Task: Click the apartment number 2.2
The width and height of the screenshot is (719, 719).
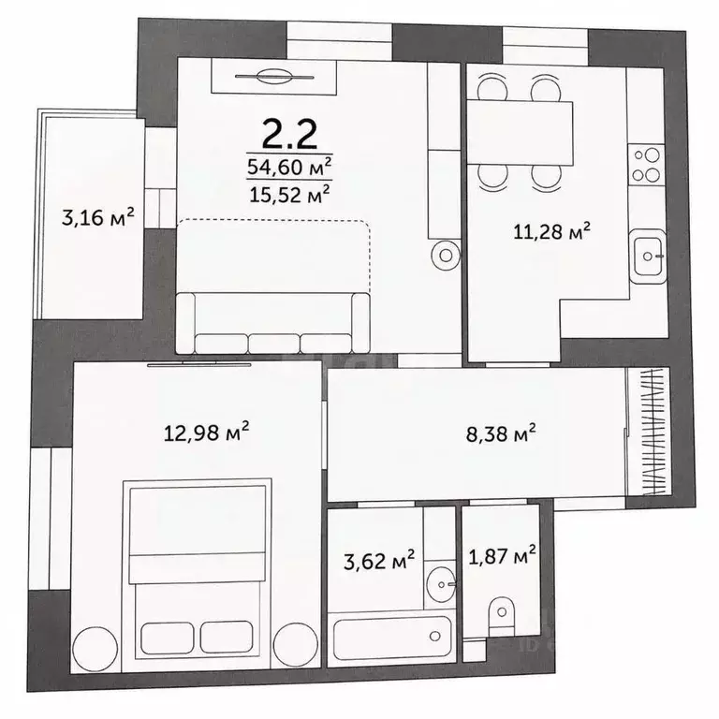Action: (x=289, y=134)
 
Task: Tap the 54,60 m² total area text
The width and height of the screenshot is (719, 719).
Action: (x=289, y=167)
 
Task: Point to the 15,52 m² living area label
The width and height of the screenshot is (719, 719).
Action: (x=289, y=194)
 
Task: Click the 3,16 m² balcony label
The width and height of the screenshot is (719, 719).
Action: (x=97, y=217)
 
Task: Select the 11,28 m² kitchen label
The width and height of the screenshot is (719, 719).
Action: (x=551, y=231)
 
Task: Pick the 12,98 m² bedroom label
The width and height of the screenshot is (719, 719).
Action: (x=206, y=432)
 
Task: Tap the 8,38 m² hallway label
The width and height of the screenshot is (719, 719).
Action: (x=501, y=433)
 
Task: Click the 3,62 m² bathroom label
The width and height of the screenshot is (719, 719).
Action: (x=379, y=561)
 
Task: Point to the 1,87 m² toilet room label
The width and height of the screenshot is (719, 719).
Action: (x=502, y=556)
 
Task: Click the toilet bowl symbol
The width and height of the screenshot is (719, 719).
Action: (x=502, y=616)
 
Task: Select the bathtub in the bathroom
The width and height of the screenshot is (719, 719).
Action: (x=392, y=638)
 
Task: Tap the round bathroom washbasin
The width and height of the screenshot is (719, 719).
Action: (x=441, y=584)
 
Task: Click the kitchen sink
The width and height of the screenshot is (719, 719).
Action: (x=648, y=256)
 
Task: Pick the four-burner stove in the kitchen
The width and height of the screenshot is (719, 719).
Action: (x=647, y=165)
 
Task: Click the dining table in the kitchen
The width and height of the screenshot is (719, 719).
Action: (x=520, y=133)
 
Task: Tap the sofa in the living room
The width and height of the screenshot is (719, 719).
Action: (x=272, y=323)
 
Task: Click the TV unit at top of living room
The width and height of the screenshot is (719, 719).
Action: (x=274, y=77)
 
